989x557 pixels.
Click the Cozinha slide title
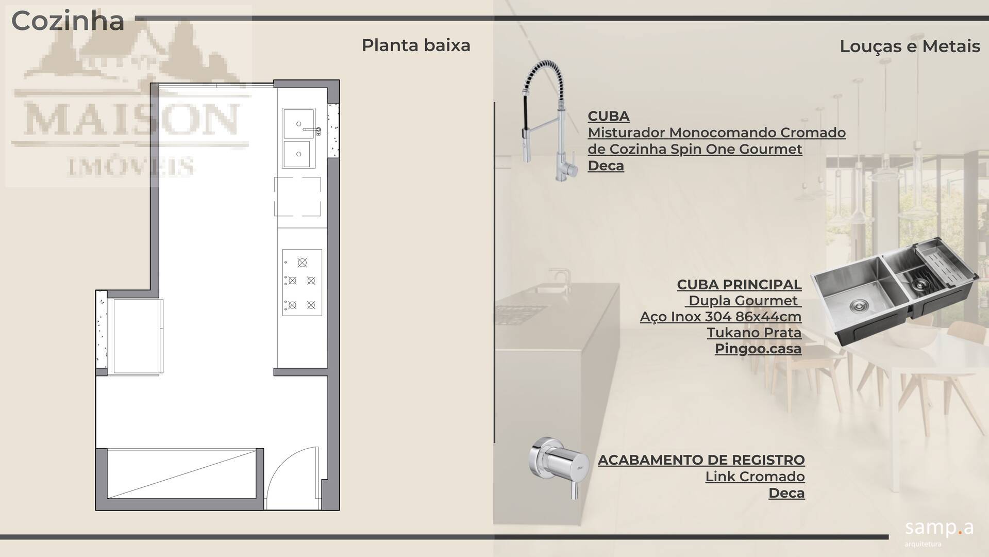68,21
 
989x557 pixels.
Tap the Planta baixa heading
416,45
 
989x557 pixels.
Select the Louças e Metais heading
910,46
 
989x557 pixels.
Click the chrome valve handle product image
559,467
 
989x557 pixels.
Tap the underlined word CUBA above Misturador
608,116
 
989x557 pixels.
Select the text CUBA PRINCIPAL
739,285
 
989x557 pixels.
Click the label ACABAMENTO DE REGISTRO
701,460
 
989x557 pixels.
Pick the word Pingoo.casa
758,349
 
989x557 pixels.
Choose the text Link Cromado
755,477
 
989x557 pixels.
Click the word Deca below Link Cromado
786,493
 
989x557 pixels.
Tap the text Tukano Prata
754,333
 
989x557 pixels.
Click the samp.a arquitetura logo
938,532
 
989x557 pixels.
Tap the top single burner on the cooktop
303,263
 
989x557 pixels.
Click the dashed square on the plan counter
297,196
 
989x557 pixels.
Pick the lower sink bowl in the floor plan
297,154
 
